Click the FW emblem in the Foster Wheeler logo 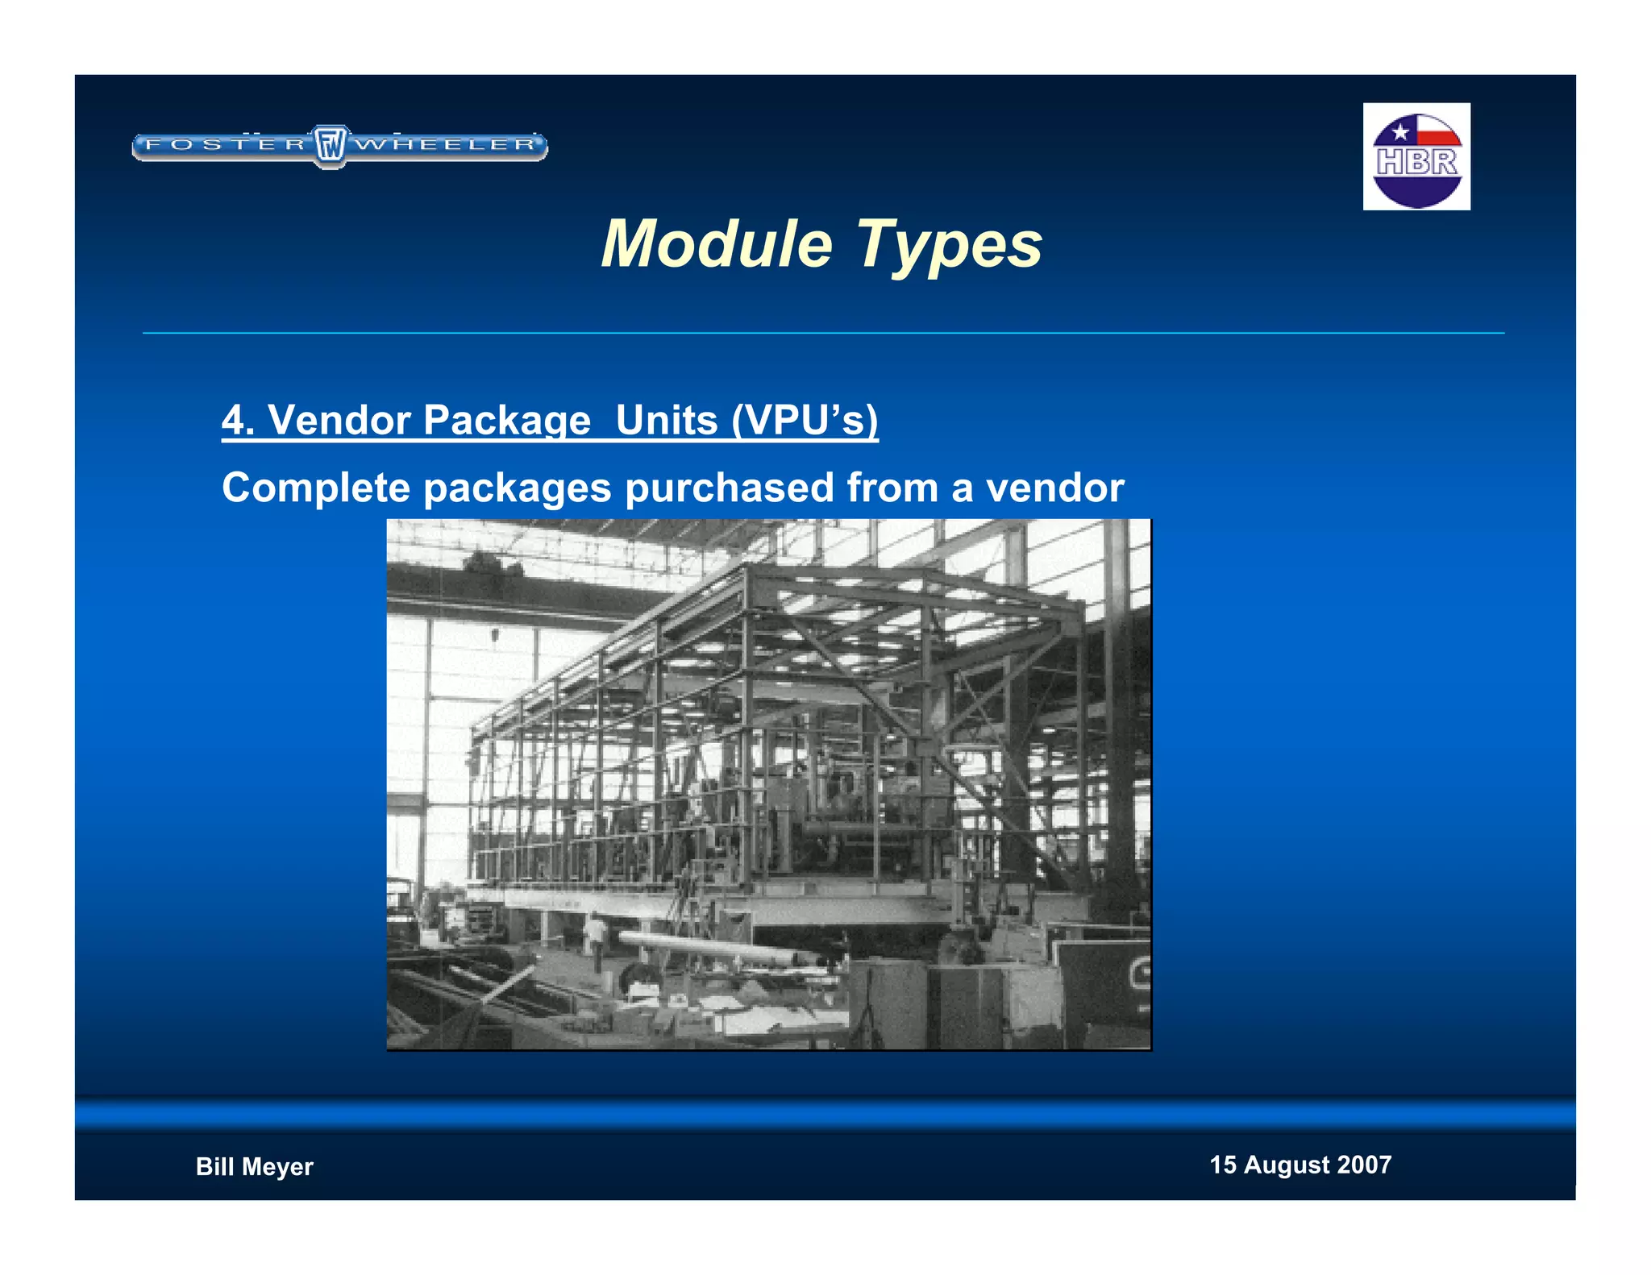pos(330,146)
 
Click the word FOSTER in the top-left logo pos(225,145)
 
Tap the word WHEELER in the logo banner pos(446,145)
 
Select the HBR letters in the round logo pos(1416,162)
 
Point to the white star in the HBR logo pos(1400,131)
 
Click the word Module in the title pos(716,243)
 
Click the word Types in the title pos(949,245)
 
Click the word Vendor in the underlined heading pos(339,420)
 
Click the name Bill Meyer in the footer pos(254,1166)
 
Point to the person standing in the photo pos(595,939)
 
